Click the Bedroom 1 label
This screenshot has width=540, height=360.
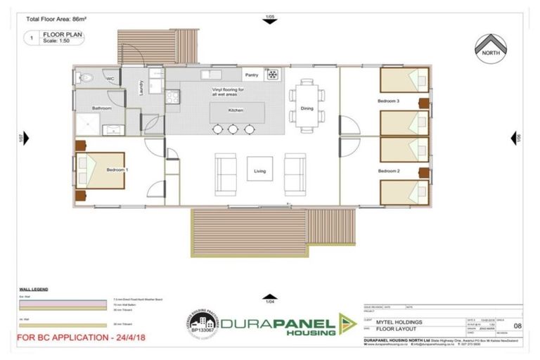point(117,170)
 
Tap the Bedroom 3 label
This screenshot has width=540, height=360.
point(388,101)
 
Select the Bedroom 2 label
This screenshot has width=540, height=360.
point(388,171)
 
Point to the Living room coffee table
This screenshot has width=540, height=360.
point(259,170)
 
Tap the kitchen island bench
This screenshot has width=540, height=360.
point(236,111)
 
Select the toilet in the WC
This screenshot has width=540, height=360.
point(86,79)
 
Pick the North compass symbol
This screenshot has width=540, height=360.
point(491,49)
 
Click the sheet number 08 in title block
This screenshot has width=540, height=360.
point(517,326)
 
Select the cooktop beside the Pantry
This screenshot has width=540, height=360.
point(271,75)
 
